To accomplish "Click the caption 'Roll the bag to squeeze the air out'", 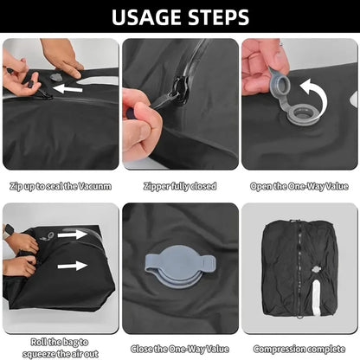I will pos(61,347).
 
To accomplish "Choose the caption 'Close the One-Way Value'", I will pos(180,350).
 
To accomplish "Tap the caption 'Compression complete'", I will pos(299,350).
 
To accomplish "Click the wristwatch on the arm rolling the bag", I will pos(8,232).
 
